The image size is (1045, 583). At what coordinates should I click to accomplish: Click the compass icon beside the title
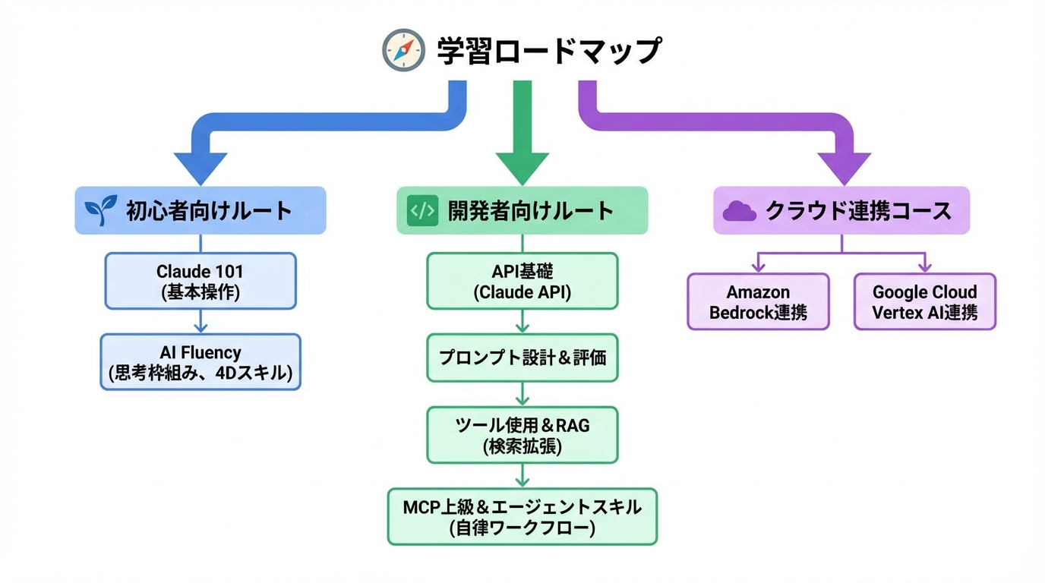(x=403, y=50)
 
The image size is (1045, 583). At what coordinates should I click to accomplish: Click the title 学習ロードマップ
(x=548, y=51)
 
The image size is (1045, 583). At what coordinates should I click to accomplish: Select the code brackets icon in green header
(x=423, y=210)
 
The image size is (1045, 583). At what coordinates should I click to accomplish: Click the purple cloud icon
(x=739, y=211)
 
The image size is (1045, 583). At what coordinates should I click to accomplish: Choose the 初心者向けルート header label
(x=209, y=210)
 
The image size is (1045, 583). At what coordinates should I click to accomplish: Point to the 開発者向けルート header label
(x=531, y=210)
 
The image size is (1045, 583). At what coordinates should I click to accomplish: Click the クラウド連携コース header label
(x=858, y=210)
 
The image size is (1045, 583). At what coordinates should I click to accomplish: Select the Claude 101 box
(x=200, y=281)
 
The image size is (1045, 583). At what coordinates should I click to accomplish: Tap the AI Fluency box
(x=200, y=362)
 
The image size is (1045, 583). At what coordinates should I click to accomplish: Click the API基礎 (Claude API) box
(x=522, y=281)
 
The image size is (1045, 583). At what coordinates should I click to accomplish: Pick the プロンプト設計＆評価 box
(x=522, y=357)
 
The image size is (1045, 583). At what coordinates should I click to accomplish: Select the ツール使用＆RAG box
(x=522, y=435)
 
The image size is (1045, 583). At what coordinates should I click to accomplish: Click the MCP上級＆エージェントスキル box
(x=522, y=516)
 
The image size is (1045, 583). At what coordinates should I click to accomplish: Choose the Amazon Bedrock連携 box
(x=758, y=301)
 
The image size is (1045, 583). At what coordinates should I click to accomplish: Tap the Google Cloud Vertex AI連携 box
(x=924, y=301)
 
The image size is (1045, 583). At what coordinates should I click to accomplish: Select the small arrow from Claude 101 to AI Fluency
(x=200, y=322)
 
